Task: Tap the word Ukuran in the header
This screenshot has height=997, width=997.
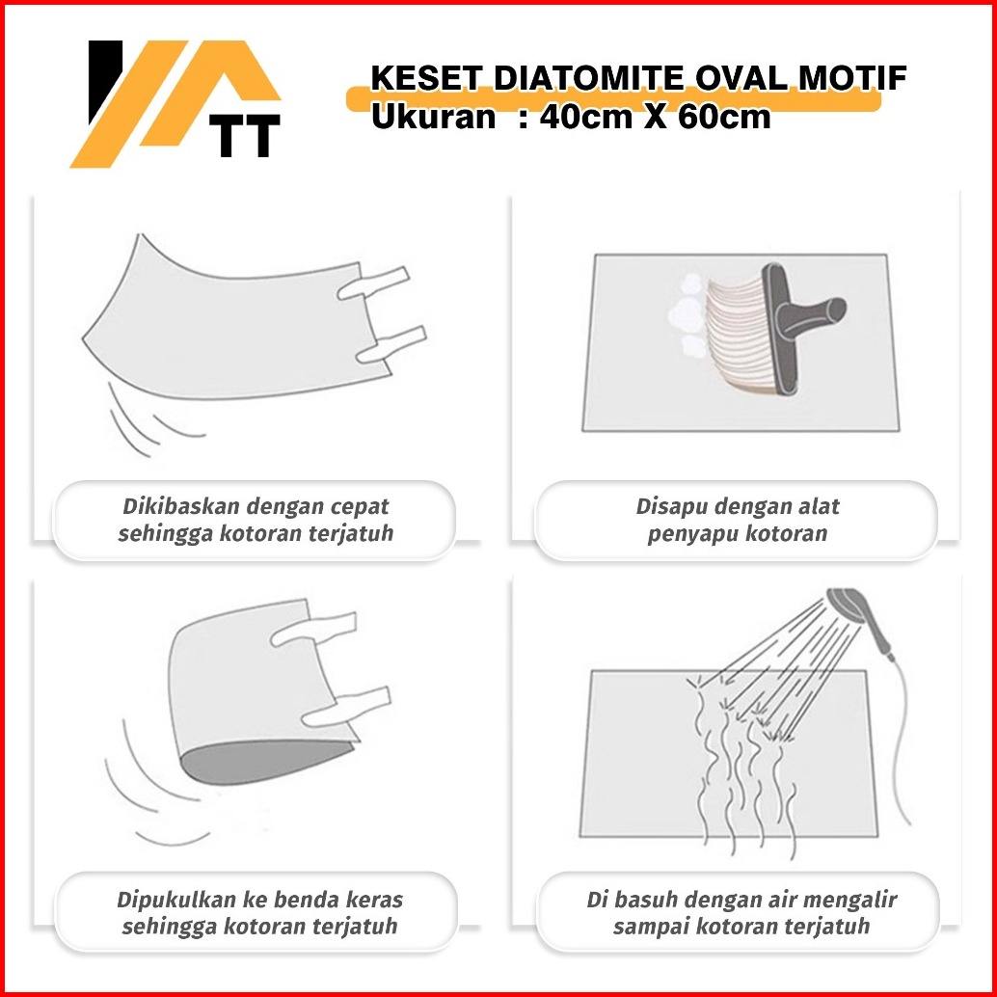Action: click(x=433, y=117)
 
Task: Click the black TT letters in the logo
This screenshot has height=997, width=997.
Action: click(x=248, y=135)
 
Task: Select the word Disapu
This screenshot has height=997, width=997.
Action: click(x=665, y=507)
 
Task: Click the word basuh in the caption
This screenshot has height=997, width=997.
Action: click(x=644, y=900)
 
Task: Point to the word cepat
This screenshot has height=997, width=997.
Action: click(x=360, y=508)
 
